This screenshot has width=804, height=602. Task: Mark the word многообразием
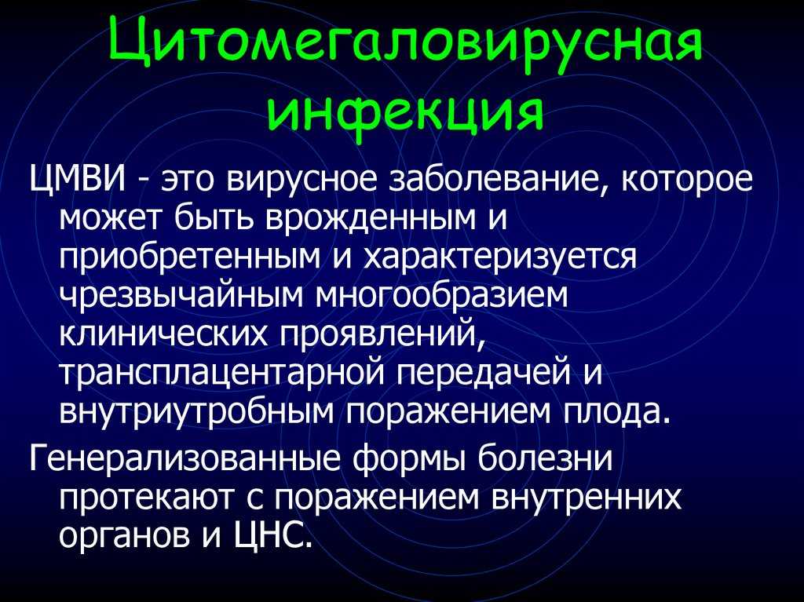point(443,297)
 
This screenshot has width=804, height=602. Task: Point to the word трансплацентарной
point(221,375)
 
